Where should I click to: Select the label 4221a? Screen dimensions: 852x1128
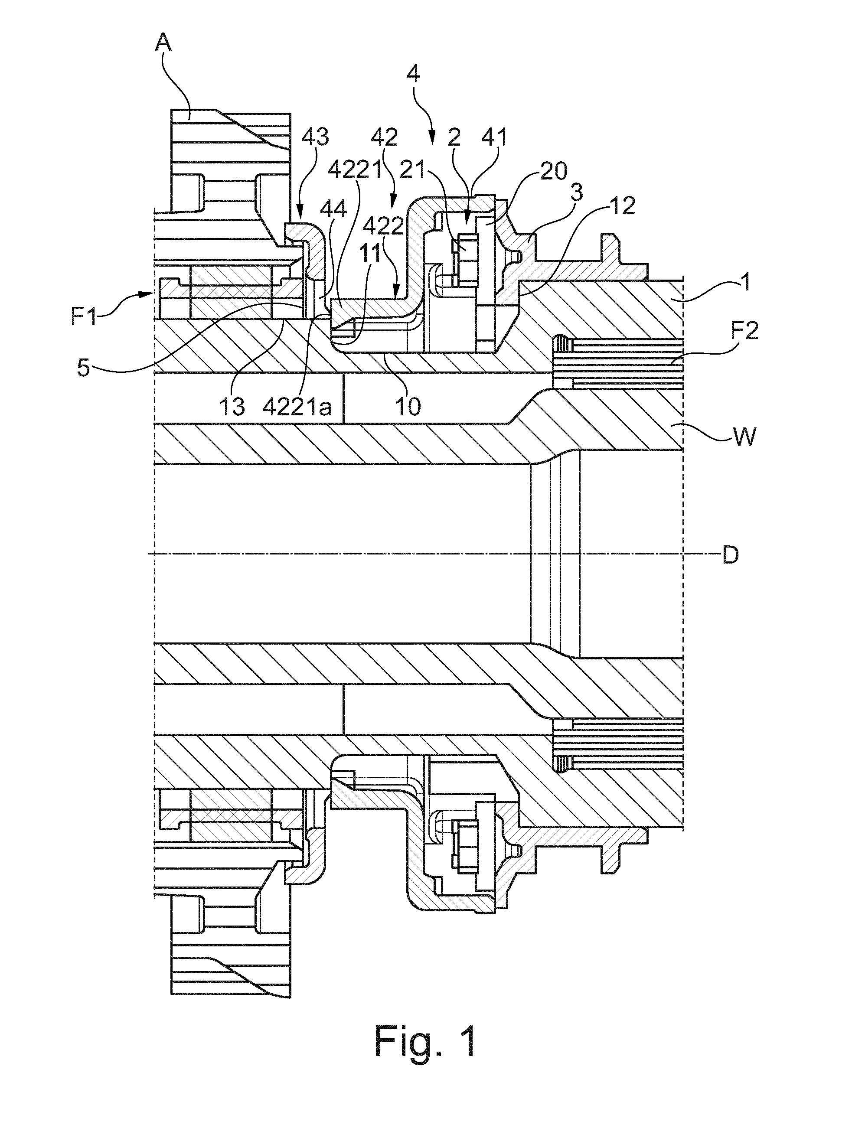click(x=298, y=407)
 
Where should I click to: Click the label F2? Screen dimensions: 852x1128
click(x=744, y=332)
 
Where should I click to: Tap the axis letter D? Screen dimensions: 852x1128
click(x=731, y=555)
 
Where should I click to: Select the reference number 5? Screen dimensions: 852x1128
click(x=83, y=368)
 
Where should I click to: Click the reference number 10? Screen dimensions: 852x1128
click(x=408, y=407)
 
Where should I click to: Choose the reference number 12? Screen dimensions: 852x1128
click(x=622, y=205)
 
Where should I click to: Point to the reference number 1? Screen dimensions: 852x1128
click(x=745, y=284)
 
